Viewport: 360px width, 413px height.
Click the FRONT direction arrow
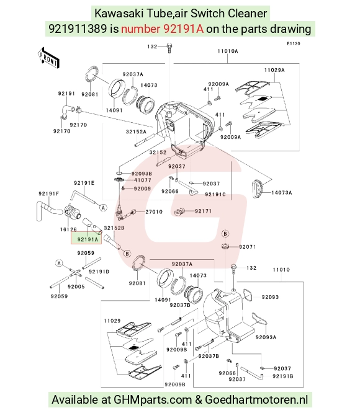pos(48,58)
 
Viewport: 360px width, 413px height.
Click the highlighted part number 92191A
pos(88,239)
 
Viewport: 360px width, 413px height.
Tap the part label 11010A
pos(228,51)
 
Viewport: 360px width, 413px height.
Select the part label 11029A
pos(274,70)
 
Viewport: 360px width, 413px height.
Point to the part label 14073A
pos(282,192)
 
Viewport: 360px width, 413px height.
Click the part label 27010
pos(154,211)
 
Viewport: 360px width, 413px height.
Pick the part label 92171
pos(203,211)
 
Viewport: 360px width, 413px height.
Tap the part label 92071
pos(248,247)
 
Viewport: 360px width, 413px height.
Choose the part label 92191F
pos(49,194)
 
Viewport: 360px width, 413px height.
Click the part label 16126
pos(68,229)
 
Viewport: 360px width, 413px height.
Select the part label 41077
pos(143,180)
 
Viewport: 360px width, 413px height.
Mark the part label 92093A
pos(266,337)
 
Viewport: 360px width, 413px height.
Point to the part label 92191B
pos(283,376)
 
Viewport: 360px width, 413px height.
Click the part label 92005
pos(76,286)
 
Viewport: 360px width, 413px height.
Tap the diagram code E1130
pos(294,43)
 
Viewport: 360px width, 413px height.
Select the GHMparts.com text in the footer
pos(152,399)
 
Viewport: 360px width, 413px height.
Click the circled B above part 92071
pos(225,234)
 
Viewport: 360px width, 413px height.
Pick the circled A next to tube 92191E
pos(103,208)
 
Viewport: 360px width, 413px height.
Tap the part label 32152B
pos(114,228)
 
